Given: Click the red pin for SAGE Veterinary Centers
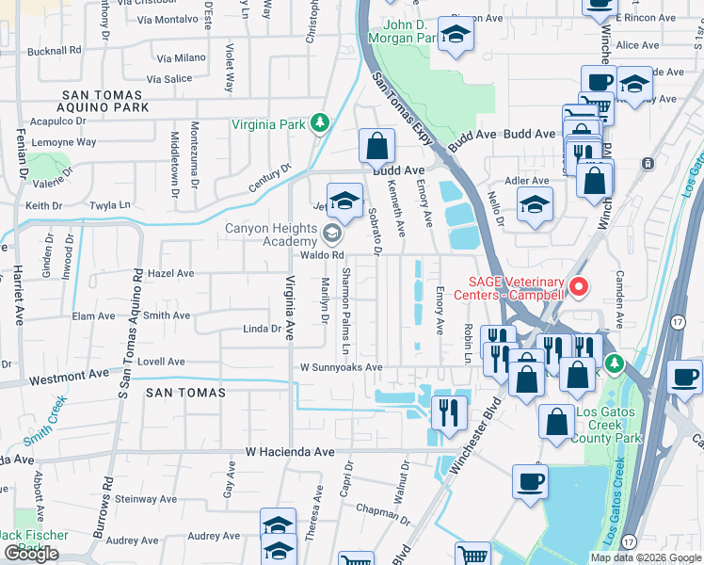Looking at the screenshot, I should click(580, 285).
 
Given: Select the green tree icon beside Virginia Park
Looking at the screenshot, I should click(320, 123).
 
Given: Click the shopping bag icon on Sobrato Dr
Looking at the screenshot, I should click(376, 147).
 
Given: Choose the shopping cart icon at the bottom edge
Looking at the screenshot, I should click(472, 556).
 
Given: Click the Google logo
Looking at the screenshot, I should click(31, 554).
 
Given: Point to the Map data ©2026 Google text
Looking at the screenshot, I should click(646, 557).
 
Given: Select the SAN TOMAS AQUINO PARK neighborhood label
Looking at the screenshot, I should click(104, 102).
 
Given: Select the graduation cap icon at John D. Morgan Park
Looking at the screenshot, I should click(456, 35).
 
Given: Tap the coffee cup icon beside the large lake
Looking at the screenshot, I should click(531, 482).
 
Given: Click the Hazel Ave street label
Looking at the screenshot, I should click(170, 273).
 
